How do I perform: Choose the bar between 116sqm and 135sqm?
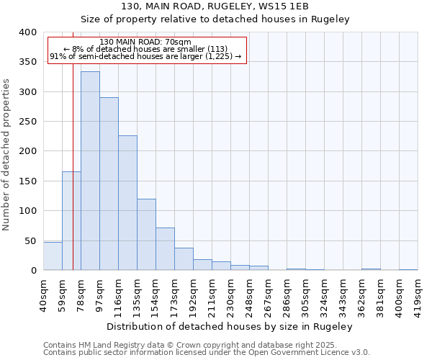(127, 203)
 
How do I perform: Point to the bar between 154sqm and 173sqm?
(165, 249)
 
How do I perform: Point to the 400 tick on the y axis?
(28, 32)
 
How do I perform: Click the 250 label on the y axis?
(28, 122)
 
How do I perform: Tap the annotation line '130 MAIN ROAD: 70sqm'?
(145, 42)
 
